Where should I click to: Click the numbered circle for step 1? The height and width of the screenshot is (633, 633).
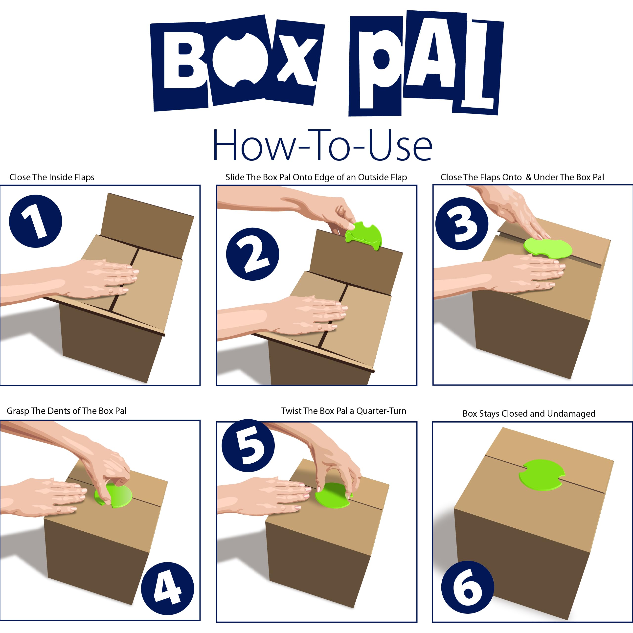point(35,221)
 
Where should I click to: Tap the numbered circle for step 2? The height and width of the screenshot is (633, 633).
point(253,254)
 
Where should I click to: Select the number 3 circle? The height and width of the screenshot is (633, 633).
point(462,224)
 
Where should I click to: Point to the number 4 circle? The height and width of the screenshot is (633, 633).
point(167,589)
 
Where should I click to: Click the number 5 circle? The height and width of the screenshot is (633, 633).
point(248,446)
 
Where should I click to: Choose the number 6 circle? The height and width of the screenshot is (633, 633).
point(467,587)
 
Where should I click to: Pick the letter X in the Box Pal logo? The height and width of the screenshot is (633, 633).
point(295,61)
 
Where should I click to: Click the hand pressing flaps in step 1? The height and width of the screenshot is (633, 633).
point(105,278)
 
